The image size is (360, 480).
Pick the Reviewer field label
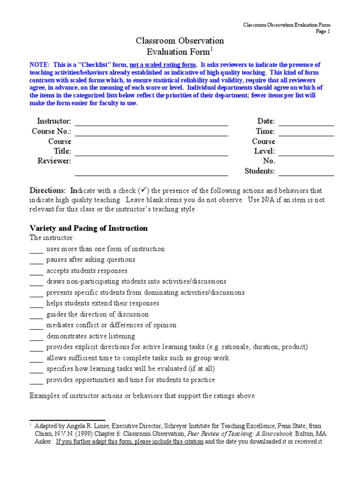point(54,161)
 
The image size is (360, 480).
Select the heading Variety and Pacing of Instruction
point(89,228)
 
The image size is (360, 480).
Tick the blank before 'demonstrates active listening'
point(36,337)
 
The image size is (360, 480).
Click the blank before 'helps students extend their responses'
point(36,304)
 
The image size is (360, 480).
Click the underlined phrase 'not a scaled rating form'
point(163,65)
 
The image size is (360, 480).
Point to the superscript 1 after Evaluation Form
point(211,49)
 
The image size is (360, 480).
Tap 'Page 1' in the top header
point(323,31)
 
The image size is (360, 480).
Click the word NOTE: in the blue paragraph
point(40,65)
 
